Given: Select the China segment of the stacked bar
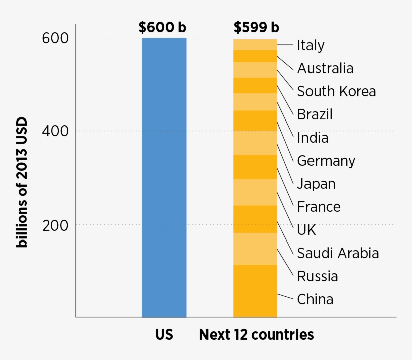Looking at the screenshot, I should pos(255,290).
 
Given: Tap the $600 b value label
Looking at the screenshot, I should pos(162,27).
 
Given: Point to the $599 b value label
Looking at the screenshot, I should pos(256,27).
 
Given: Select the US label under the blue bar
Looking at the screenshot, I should pos(164,334).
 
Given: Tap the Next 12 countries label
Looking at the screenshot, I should pos(256,334).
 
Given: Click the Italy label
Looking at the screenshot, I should pos(311,45).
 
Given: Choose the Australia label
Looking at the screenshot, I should pos(325,68).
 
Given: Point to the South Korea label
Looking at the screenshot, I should pos(336,91).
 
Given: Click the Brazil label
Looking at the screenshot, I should pos(315,114).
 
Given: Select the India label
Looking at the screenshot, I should pos(313,138).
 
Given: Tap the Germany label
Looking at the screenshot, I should pos(326,161).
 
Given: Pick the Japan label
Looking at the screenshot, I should pos(316,184).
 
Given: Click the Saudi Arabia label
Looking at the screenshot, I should pos(338,253).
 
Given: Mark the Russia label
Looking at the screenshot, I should pos(317,276).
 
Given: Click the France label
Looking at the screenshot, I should pos(319,207).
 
